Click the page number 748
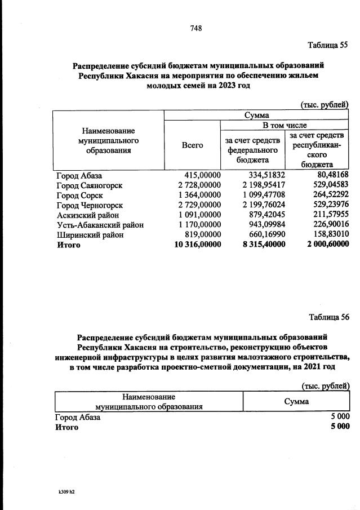coord(196,28)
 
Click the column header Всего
coord(192,145)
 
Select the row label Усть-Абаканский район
coord(100,225)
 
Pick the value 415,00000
coord(199,176)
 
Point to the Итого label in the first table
coord(68,245)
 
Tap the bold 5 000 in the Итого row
coord(340,427)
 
